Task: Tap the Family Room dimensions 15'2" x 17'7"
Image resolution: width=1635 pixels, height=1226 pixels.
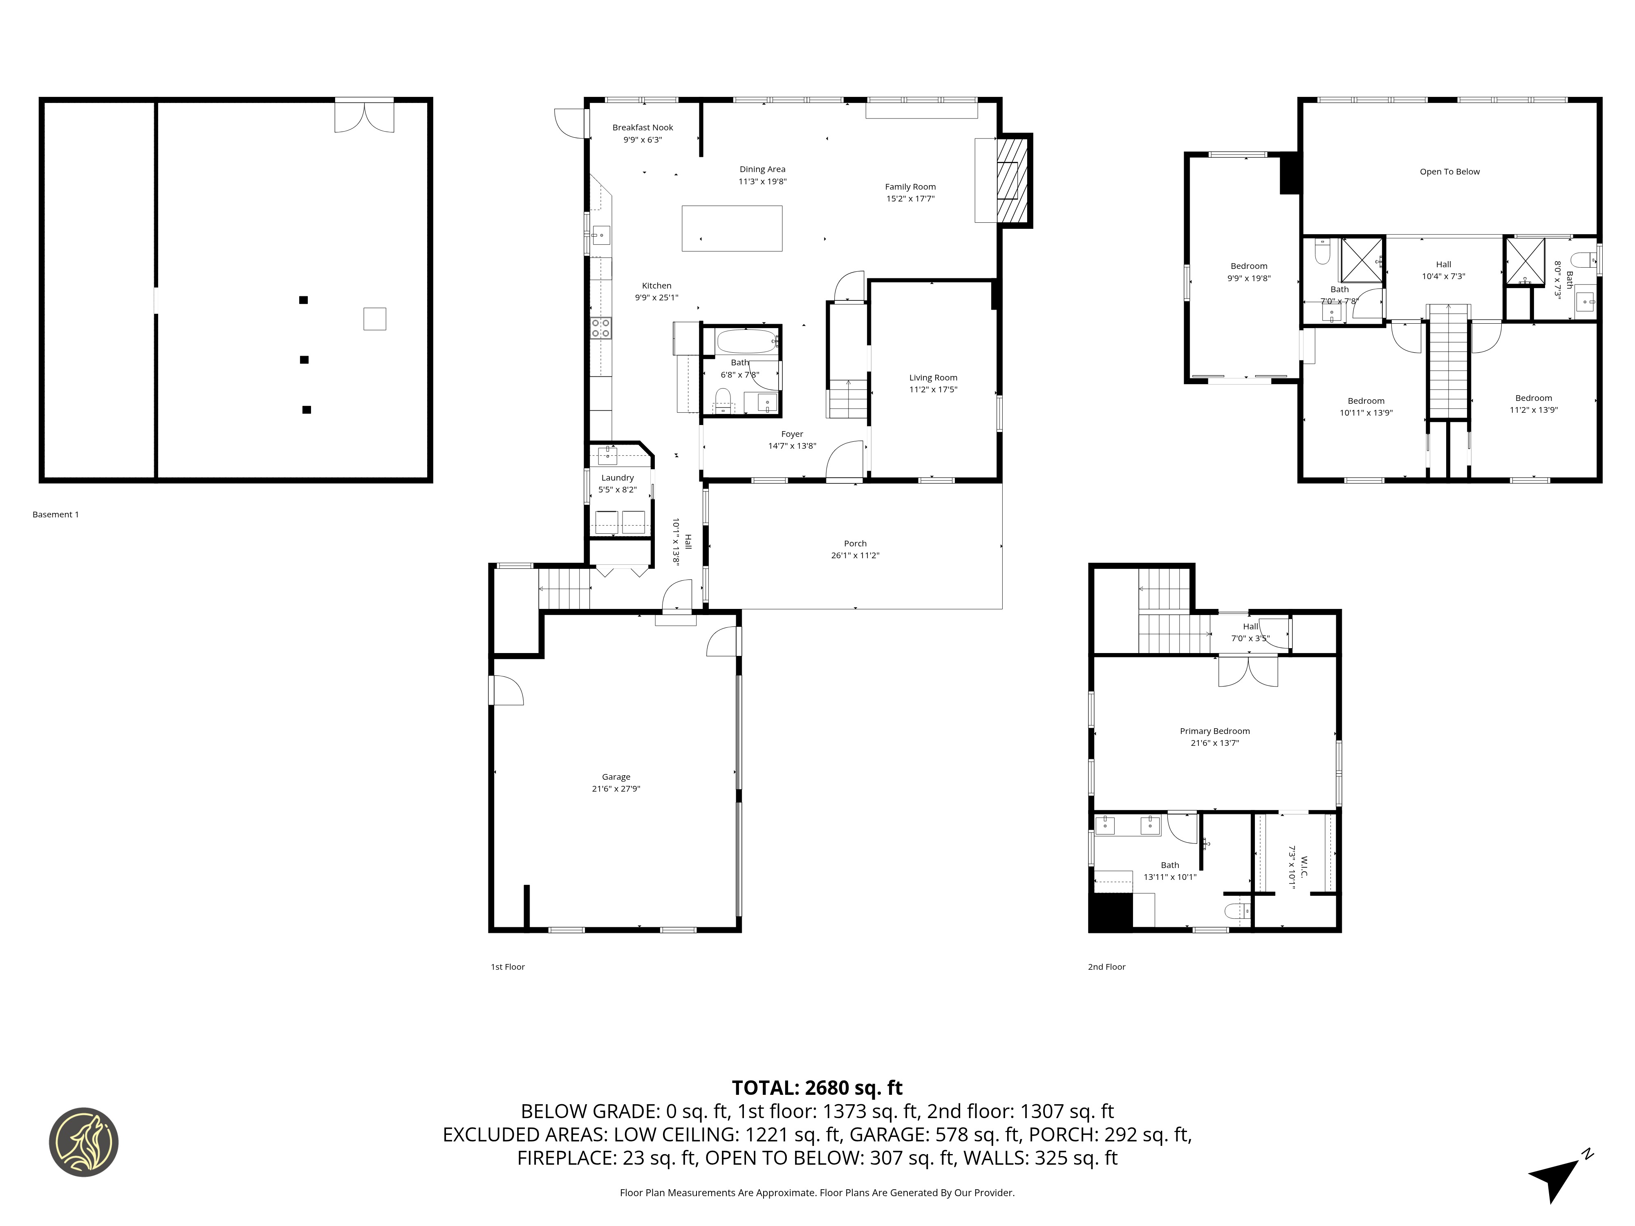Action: point(910,199)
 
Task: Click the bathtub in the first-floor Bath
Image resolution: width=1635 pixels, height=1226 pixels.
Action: point(746,342)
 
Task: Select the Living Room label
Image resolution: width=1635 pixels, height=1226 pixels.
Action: point(933,378)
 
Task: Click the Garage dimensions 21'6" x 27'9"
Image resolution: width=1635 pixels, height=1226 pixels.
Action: point(616,788)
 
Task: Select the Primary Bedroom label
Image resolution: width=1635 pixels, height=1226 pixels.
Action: point(1214,731)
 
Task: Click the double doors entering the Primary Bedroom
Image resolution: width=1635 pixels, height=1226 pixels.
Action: point(1248,671)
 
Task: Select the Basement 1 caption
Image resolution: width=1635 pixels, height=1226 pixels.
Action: point(56,515)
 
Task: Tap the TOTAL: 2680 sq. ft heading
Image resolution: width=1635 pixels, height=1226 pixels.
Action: point(817,1088)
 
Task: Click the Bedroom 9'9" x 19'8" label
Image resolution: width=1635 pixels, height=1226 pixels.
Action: point(1248,266)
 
